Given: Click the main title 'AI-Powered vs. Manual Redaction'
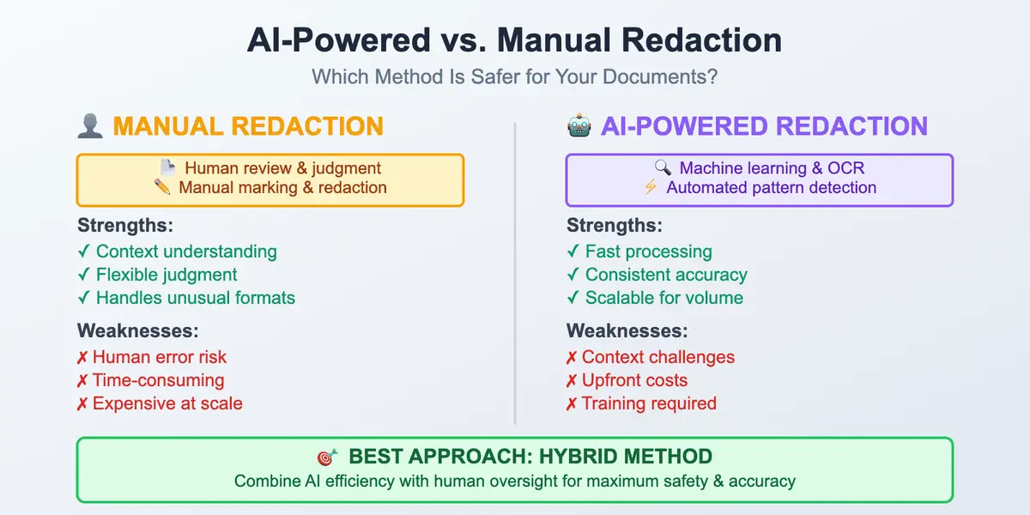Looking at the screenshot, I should [x=514, y=40].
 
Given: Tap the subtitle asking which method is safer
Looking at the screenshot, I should [x=514, y=76].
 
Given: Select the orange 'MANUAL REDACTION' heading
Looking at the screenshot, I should [x=248, y=126].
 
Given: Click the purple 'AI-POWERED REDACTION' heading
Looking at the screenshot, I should [x=764, y=126].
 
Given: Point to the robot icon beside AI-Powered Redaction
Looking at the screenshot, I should [x=579, y=126].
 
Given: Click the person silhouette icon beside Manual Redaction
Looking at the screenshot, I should [x=90, y=126].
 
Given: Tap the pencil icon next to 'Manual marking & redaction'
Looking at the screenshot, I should [x=163, y=187].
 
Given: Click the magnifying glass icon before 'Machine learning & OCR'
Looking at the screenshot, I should [x=662, y=168].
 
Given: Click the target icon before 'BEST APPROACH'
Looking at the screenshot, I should [x=326, y=457].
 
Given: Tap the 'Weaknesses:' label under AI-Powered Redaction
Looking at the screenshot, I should [x=627, y=330].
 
